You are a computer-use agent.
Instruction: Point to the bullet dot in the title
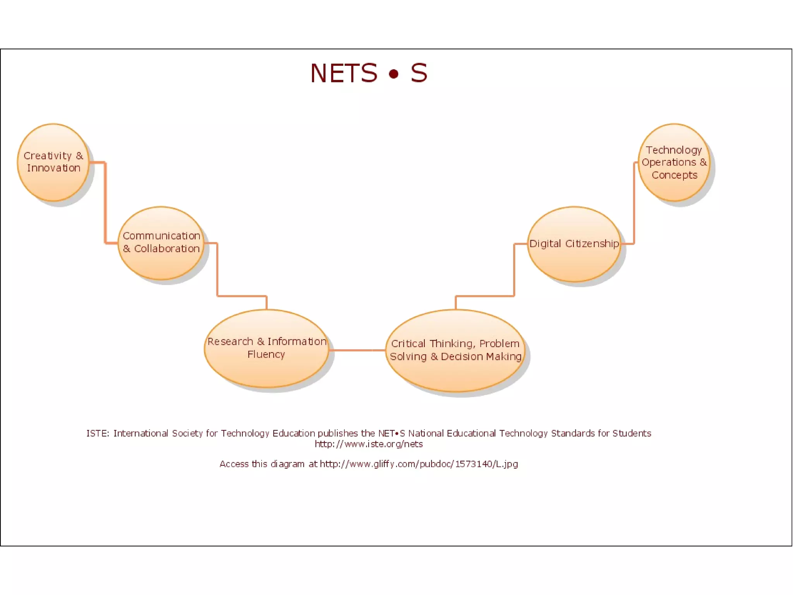point(393,74)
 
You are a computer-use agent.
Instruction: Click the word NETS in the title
point(343,73)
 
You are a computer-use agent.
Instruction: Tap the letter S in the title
point(419,73)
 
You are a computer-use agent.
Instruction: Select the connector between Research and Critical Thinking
point(357,350)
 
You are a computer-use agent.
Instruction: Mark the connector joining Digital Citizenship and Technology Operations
point(634,203)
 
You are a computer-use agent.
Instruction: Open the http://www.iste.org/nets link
point(369,444)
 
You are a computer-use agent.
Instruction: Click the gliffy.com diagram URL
point(419,464)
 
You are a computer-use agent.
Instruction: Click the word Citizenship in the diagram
point(592,244)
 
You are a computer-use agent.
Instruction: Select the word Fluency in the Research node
point(266,354)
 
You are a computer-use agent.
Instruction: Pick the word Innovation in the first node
point(54,168)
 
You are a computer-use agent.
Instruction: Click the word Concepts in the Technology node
point(674,175)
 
